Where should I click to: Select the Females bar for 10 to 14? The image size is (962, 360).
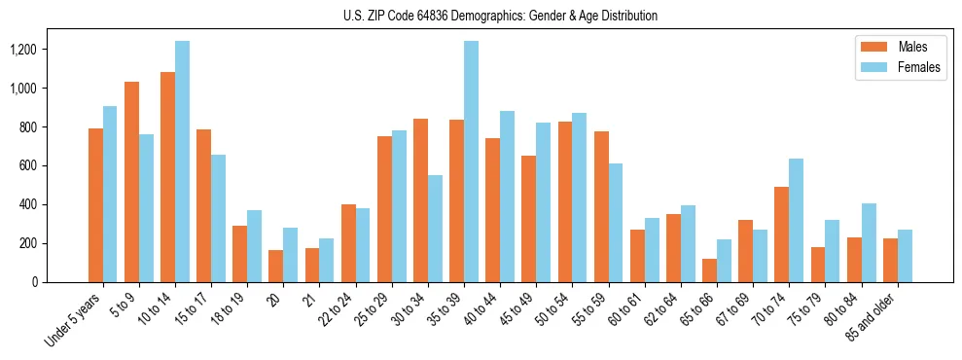click(182, 162)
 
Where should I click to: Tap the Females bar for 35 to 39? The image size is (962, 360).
click(471, 162)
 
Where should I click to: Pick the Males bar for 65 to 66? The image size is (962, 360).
click(709, 270)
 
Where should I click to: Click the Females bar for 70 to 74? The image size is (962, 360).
click(796, 220)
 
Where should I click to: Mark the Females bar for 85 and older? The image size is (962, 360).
click(905, 256)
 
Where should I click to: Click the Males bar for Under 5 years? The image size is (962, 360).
click(95, 205)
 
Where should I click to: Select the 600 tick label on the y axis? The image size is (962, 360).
click(55, 165)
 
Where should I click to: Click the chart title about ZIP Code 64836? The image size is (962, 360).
click(500, 16)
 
